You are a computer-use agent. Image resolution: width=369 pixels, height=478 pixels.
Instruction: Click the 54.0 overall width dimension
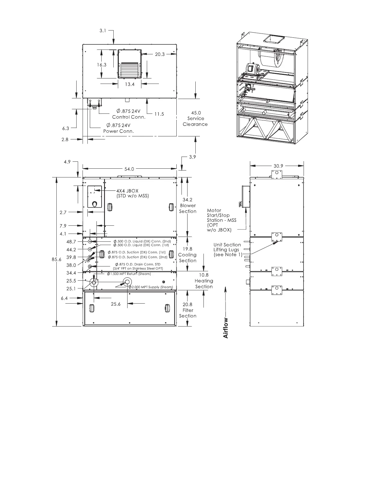129,169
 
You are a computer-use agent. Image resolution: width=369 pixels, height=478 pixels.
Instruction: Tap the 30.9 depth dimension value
278,166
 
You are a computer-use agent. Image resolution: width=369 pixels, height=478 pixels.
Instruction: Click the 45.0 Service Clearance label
195,119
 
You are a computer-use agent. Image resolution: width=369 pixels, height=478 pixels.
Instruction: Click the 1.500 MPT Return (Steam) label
129,274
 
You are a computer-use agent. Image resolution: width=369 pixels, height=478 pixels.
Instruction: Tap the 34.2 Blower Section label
188,206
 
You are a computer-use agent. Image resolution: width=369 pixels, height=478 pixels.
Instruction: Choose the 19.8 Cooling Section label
187,255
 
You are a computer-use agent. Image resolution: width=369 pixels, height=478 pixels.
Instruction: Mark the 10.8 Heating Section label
204,281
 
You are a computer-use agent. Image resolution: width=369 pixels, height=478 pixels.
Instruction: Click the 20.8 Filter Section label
188,310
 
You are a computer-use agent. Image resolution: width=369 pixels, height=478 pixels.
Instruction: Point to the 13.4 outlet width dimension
130,84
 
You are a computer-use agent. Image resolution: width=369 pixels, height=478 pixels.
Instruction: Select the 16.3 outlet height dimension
102,65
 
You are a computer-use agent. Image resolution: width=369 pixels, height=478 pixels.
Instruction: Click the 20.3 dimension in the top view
160,54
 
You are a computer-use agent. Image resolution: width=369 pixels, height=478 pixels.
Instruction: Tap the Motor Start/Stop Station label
221,220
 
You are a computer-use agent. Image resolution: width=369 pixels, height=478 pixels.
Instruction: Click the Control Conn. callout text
129,117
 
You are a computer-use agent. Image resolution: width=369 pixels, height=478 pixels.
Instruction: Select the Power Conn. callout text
118,131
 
